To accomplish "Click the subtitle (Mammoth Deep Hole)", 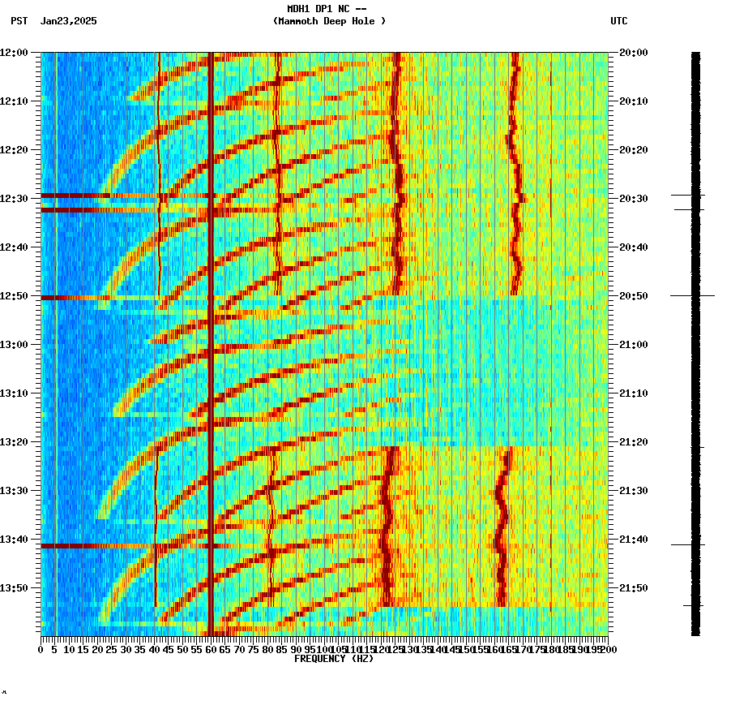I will click(329, 21).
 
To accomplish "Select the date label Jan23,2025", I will click(68, 21).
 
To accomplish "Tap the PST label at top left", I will click(19, 21).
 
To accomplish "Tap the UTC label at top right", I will click(618, 21).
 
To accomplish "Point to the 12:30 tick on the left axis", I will click(15, 199).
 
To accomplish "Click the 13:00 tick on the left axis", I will click(15, 345).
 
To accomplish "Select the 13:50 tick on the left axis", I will click(15, 588).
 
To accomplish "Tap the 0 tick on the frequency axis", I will click(41, 650).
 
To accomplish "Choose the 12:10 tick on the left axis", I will click(15, 101).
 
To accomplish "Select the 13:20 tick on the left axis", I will click(15, 442).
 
